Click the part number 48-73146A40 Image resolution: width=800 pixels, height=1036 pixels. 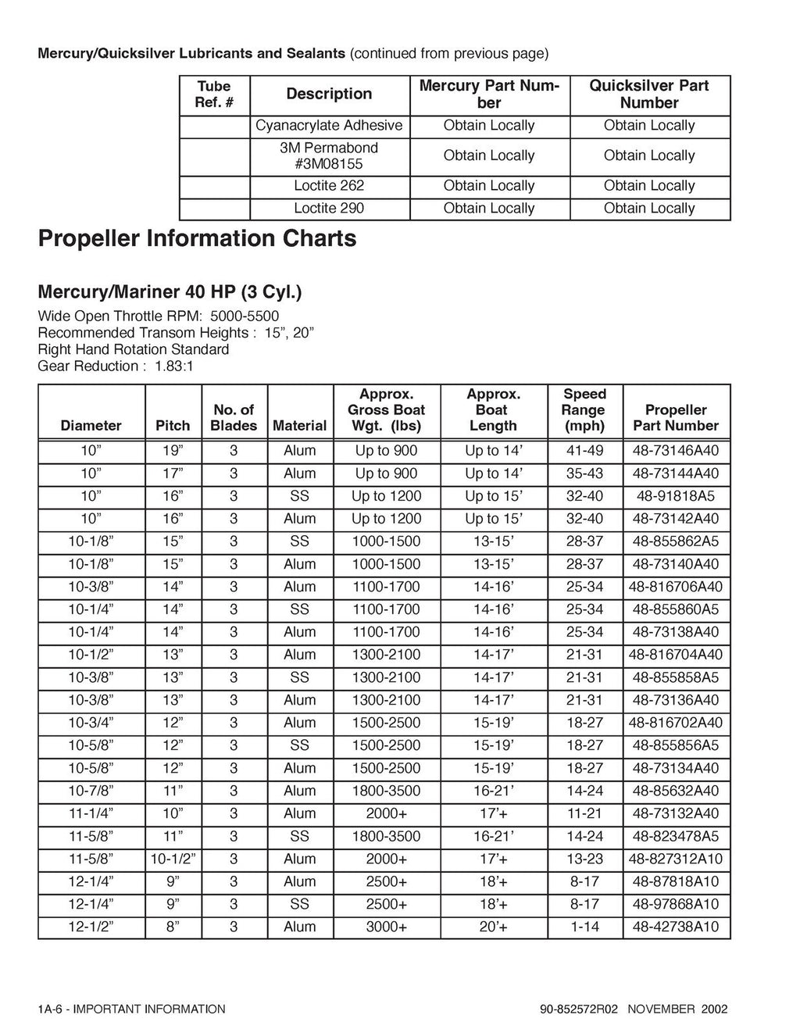click(676, 451)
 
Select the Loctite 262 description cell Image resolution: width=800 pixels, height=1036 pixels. click(329, 186)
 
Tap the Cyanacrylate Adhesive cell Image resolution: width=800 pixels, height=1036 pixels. click(329, 126)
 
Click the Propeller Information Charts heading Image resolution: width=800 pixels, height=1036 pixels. click(197, 238)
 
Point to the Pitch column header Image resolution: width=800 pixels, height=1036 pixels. click(173, 426)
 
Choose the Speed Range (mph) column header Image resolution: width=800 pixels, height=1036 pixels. click(584, 410)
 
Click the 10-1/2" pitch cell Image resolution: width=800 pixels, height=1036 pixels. click(173, 859)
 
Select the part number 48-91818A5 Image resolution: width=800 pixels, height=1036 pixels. click(676, 496)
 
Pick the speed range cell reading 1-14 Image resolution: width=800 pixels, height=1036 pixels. click(584, 927)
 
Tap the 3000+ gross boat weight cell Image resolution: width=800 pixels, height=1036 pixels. click(386, 927)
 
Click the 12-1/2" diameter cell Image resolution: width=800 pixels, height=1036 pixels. click(91, 927)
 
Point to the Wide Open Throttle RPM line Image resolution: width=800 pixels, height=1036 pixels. click(158, 316)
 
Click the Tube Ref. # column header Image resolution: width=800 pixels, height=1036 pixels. click(214, 95)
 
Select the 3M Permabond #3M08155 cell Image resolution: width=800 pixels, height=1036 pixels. click(329, 155)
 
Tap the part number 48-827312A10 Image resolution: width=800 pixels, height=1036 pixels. click(676, 859)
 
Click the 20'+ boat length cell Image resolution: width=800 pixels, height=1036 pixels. click(493, 927)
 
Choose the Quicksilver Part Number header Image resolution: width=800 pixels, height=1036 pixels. click(649, 95)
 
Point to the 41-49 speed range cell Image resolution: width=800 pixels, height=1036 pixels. click(584, 451)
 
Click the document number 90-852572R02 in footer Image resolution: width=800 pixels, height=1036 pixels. click(578, 1009)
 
